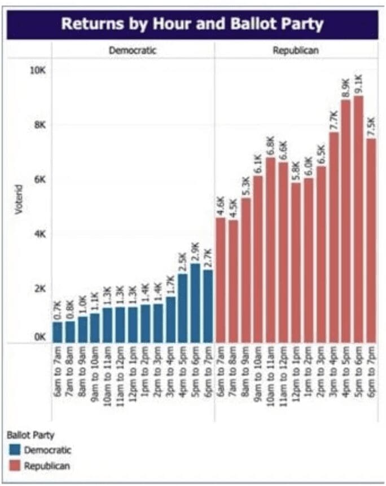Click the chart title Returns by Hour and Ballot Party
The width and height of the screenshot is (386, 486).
(x=192, y=24)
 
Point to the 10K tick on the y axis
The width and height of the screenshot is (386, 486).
(x=38, y=71)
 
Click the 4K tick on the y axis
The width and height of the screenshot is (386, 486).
(x=38, y=233)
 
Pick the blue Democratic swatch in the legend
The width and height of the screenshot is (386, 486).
(x=15, y=450)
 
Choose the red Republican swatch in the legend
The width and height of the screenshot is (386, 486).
(x=15, y=466)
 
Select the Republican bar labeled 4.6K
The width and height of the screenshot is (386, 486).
(x=221, y=280)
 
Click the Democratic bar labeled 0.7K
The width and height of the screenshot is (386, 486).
(x=58, y=332)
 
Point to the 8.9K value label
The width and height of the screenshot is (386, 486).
(x=346, y=87)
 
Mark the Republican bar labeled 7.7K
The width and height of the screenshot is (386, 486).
(x=334, y=237)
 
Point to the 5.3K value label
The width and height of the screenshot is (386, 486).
(x=245, y=185)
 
